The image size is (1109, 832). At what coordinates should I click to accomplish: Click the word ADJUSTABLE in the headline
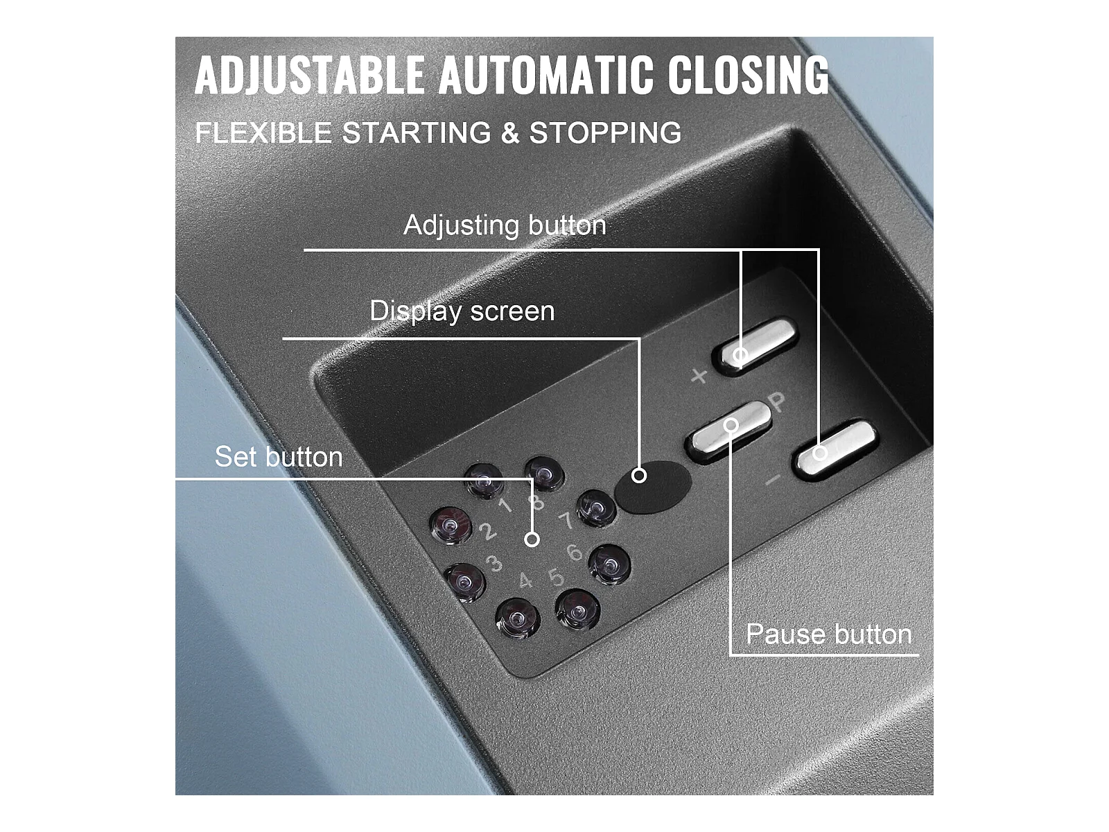click(x=309, y=75)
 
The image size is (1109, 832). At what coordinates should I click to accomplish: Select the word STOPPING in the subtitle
click(x=605, y=133)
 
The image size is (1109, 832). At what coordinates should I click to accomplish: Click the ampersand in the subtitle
click(x=510, y=133)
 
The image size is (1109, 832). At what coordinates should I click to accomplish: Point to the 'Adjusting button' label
click(x=505, y=225)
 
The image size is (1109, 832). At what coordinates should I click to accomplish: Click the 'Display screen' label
click(x=462, y=311)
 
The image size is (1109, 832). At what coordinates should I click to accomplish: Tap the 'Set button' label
click(x=279, y=457)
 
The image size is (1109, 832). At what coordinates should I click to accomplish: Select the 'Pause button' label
click(x=828, y=634)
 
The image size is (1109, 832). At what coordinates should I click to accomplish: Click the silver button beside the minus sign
click(x=836, y=449)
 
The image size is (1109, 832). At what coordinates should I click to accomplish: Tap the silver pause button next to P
click(x=728, y=431)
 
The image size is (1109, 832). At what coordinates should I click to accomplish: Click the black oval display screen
click(x=654, y=487)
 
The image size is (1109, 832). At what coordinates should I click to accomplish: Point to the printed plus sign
click(x=699, y=376)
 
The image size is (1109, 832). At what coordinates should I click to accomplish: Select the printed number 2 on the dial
click(x=487, y=531)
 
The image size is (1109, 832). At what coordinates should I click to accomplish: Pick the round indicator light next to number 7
click(x=597, y=508)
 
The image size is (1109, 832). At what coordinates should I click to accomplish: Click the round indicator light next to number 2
click(x=451, y=526)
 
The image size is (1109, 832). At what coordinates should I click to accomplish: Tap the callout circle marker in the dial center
click(x=532, y=540)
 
